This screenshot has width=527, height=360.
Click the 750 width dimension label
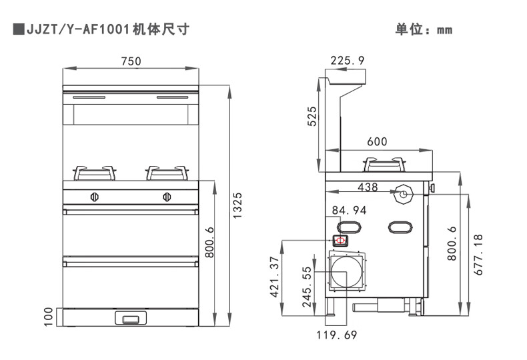(131, 61)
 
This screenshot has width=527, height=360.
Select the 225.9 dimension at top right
(348, 61)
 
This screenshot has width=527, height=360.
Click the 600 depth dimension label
(377, 142)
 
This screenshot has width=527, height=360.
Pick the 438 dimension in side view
(368, 187)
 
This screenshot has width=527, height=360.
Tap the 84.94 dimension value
(350, 211)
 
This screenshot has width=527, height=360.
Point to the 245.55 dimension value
(308, 287)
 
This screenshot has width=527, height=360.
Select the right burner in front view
(165, 173)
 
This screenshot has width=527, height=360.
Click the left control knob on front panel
(95, 197)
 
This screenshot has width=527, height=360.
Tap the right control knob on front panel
(166, 197)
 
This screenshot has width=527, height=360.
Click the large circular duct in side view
(346, 273)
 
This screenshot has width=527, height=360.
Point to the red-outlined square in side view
(340, 240)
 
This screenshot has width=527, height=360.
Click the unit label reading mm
(444, 30)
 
